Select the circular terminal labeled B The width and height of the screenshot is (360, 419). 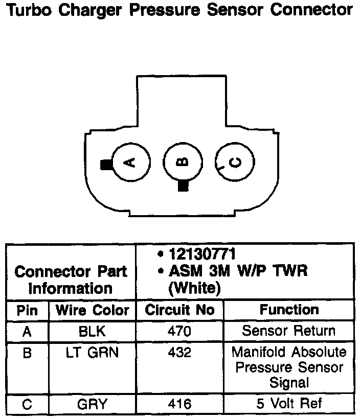[183, 162]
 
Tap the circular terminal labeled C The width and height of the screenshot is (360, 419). [235, 162]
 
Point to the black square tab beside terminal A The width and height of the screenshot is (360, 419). [106, 165]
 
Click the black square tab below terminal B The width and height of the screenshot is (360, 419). [183, 186]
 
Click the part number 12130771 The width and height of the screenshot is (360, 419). [202, 254]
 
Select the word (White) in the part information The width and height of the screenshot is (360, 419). [194, 288]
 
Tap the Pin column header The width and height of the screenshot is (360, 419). [27, 310]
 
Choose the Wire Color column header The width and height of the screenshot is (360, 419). [92, 310]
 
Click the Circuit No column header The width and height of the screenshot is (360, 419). [179, 310]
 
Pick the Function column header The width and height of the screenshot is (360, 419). [289, 310]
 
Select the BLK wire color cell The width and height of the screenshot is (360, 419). [92, 331]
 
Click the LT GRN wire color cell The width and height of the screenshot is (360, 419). [92, 353]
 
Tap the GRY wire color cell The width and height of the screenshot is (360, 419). [92, 405]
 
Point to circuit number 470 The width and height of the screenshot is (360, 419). [179, 331]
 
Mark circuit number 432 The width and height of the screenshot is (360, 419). [179, 353]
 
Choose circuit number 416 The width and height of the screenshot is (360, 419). [179, 405]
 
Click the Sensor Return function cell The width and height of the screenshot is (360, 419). [289, 331]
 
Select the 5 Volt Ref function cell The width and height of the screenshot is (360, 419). [289, 404]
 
